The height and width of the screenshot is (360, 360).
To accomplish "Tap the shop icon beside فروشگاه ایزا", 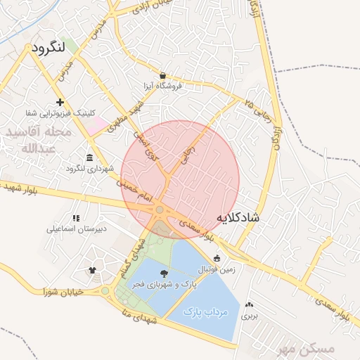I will [163, 75].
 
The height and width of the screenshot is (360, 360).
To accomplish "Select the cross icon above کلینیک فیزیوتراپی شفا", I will [60, 103].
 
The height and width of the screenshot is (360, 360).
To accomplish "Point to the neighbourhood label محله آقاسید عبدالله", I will [38, 140].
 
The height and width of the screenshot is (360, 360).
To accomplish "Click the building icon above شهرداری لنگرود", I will [89, 157].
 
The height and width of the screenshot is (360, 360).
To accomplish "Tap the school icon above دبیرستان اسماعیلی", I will [76, 218].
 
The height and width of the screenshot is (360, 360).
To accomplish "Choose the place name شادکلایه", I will [238, 217].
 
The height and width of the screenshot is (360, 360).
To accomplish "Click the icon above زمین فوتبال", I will [217, 258].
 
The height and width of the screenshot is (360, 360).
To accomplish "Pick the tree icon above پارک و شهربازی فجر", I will [164, 274].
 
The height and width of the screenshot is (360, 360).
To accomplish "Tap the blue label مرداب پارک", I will [207, 310].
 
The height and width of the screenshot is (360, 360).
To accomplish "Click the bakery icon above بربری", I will [250, 305].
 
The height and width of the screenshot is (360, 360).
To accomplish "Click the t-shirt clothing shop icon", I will [92, 269].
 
